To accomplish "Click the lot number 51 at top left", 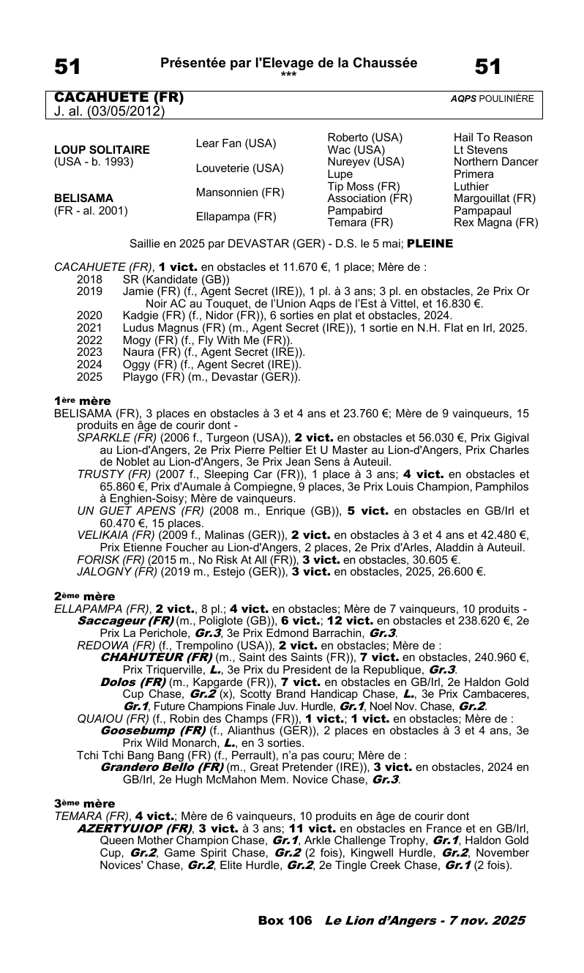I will tap(67, 67).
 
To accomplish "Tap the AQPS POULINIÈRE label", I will tap(492, 98).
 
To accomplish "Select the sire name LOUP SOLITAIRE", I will tap(102, 149).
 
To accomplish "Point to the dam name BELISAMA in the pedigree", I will tap(83, 198).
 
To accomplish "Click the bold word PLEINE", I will tap(430, 243).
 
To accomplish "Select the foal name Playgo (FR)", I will tap(150, 377).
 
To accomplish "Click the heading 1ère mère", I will tap(83, 401).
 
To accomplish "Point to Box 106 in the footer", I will tap(285, 920).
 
